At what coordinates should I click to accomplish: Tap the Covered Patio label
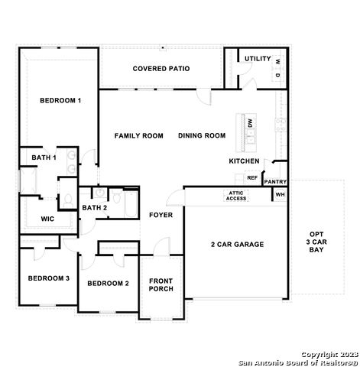point(161,69)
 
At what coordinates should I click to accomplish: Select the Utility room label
point(258,58)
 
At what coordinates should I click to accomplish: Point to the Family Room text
point(139,135)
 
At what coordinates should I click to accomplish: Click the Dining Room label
point(202,135)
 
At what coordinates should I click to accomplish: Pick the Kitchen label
point(245,161)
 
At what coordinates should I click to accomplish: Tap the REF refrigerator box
point(252,177)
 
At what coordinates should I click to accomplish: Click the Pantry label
point(274,182)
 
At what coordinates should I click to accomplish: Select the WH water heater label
point(279,195)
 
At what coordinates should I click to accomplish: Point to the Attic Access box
point(236,196)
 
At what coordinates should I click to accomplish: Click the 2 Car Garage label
point(238,245)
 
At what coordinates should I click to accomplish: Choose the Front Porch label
point(161,284)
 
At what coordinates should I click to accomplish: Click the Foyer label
point(161,215)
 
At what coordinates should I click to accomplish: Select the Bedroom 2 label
point(108,284)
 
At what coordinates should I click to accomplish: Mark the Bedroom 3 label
point(49,278)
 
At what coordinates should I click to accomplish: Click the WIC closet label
point(47,218)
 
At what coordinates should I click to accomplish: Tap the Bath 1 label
point(44,158)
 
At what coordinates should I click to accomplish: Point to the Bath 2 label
point(94,207)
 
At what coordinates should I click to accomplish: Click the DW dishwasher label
point(249,123)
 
